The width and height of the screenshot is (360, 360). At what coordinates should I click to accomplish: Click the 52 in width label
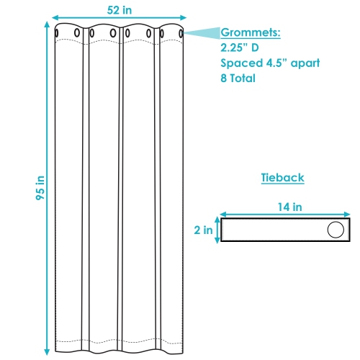[120, 10]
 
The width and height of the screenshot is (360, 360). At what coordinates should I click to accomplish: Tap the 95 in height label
[40, 188]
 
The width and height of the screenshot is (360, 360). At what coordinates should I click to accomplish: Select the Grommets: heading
[251, 32]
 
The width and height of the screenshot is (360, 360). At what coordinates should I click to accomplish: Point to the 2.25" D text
[240, 48]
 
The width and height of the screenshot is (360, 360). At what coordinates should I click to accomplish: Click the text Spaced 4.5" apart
[270, 63]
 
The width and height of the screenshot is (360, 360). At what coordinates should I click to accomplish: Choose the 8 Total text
[238, 78]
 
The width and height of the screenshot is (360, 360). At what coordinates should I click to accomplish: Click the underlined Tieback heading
[282, 178]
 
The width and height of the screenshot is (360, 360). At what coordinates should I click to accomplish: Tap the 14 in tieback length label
[289, 207]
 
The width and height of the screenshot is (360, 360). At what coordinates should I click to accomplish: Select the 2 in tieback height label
[203, 230]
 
